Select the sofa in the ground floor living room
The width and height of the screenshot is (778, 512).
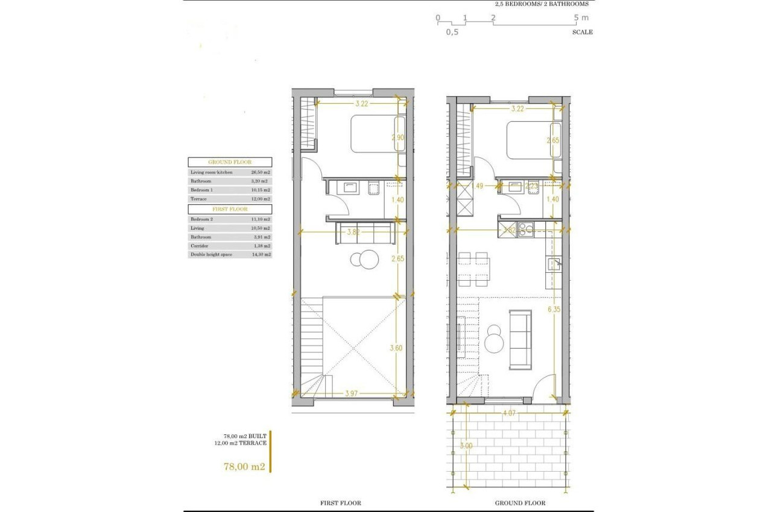(520, 339)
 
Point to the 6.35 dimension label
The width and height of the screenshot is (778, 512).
(554, 310)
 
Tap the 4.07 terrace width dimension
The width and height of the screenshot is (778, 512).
(509, 414)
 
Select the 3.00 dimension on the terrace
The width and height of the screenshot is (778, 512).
(466, 446)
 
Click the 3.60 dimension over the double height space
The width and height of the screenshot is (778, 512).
(397, 348)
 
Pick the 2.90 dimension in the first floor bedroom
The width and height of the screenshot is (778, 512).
(398, 138)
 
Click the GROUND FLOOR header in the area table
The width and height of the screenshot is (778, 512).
(230, 162)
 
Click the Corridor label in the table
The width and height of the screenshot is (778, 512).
(200, 246)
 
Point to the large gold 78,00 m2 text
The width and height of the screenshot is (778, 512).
(244, 466)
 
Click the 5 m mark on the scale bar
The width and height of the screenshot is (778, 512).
(580, 17)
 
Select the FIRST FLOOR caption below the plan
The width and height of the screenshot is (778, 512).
(341, 503)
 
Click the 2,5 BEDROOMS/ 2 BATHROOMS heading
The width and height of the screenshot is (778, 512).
(541, 4)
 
